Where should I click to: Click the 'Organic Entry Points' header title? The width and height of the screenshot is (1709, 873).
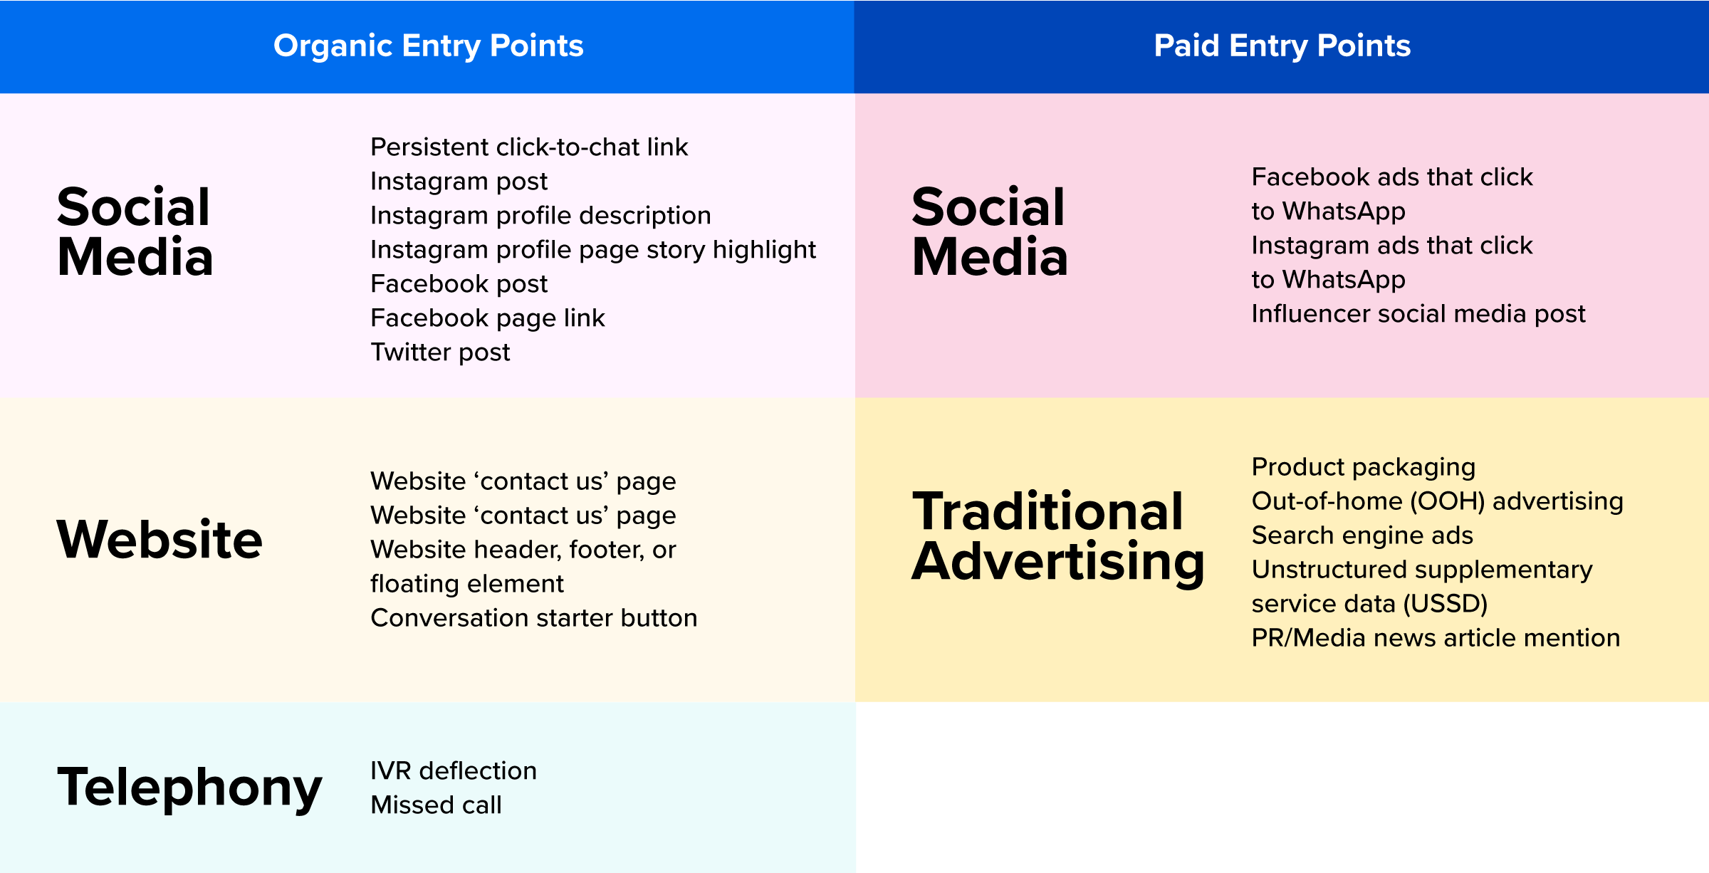pyautogui.click(x=429, y=46)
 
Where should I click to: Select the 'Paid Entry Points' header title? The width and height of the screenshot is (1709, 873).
pyautogui.click(x=1282, y=46)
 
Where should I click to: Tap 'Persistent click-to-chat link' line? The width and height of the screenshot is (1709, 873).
pyautogui.click(x=529, y=147)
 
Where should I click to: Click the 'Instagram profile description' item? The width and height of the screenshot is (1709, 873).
pyautogui.click(x=540, y=216)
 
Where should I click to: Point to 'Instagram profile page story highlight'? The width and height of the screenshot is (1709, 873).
pyautogui.click(x=593, y=250)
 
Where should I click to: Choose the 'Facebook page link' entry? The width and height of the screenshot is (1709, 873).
pyautogui.click(x=488, y=318)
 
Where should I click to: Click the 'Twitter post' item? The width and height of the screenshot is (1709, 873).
pyautogui.click(x=441, y=352)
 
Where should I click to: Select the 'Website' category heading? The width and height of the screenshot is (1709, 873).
pyautogui.click(x=160, y=539)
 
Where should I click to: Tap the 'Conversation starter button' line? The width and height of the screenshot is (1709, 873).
pyautogui.click(x=534, y=618)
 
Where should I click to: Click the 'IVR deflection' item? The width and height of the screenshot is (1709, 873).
pyautogui.click(x=454, y=771)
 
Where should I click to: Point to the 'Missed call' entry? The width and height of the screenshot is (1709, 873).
pyautogui.click(x=437, y=805)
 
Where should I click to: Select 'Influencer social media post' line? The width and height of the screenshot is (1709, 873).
pyautogui.click(x=1418, y=314)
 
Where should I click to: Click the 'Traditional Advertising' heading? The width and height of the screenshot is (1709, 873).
pyautogui.click(x=1057, y=537)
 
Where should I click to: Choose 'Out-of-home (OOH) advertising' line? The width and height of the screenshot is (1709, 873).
pyautogui.click(x=1438, y=501)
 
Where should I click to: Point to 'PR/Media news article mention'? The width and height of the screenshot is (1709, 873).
pyautogui.click(x=1436, y=638)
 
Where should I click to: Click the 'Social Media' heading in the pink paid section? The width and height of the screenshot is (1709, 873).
pyautogui.click(x=990, y=231)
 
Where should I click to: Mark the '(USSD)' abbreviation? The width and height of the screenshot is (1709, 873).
pyautogui.click(x=1446, y=604)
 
